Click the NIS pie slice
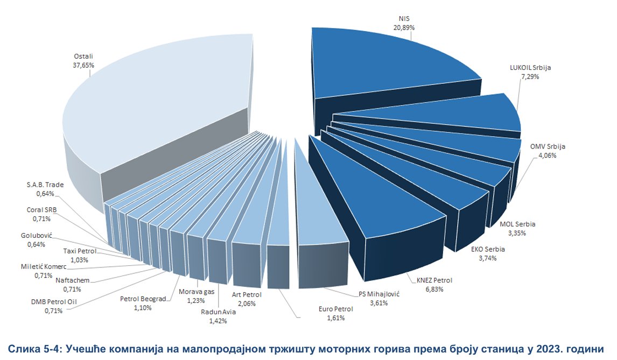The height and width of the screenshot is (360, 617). (x=388, y=65)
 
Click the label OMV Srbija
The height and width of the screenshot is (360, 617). (x=548, y=147)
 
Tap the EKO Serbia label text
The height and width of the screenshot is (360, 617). (x=487, y=249)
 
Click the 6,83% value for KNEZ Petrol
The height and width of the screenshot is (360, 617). (x=434, y=289)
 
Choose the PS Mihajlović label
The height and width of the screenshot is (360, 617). (x=380, y=294)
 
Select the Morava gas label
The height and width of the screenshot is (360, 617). (x=197, y=292)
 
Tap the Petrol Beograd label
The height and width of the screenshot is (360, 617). (x=143, y=299)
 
